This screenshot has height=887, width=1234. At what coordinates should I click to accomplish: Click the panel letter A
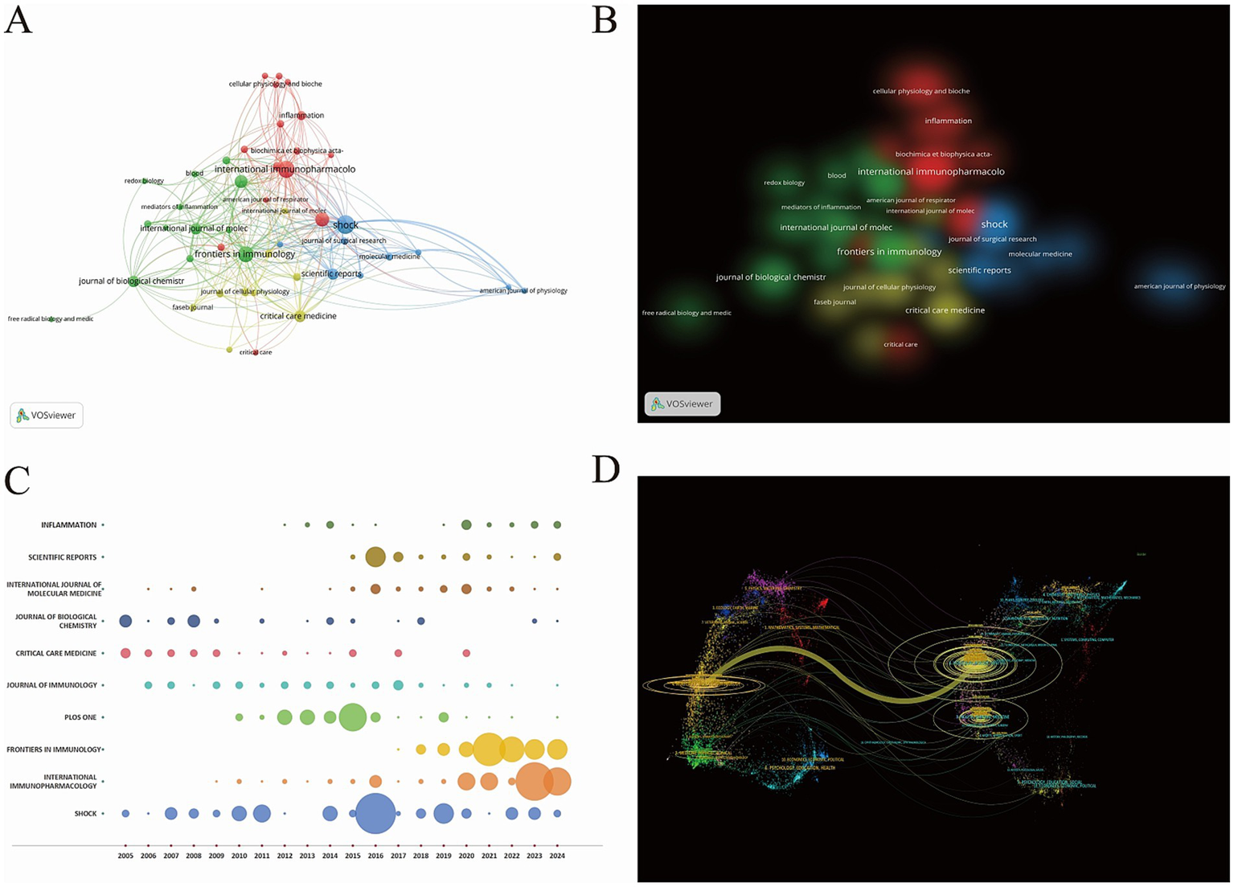pos(18,19)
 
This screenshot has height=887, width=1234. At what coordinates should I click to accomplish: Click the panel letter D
pos(605,468)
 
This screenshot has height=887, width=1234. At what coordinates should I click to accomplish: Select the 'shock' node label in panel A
pos(346,225)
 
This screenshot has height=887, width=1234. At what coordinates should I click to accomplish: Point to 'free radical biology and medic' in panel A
pos(51,319)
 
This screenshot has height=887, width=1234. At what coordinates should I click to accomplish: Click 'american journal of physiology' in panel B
pos(1179,286)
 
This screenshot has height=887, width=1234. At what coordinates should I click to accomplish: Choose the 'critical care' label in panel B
pos(900,345)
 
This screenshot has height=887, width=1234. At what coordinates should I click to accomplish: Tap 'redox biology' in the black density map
pos(784,183)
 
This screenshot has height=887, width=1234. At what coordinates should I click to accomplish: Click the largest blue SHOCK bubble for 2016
pos(375,813)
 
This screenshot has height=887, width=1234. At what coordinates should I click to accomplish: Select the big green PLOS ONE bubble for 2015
pos(352,717)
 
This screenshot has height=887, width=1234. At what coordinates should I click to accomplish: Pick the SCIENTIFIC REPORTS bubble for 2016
pos(375,556)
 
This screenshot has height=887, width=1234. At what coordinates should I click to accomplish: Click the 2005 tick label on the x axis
pos(125,856)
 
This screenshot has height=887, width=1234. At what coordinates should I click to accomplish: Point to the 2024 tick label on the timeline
pos(557,856)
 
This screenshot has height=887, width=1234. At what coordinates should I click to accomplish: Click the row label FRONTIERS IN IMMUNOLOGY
pos(54,749)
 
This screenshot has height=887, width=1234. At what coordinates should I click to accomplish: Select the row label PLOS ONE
pos(80,717)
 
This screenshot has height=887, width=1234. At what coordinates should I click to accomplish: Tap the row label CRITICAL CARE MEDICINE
pos(56,653)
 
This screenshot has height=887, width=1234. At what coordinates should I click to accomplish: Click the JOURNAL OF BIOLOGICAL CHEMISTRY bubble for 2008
pos(194,621)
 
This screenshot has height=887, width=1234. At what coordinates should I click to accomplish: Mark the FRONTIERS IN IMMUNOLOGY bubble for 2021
pos(489,749)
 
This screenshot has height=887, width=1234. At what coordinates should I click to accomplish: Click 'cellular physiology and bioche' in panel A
pos(275,84)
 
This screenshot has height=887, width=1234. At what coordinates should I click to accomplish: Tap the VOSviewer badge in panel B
pos(683,404)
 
